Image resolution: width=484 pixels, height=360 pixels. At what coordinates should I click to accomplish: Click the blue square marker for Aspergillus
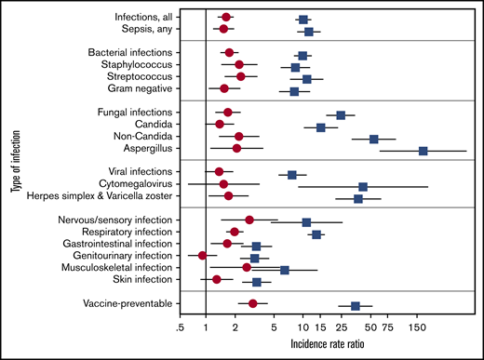[x=423, y=151]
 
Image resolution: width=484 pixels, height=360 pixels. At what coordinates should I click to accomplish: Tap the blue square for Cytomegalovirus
[x=363, y=187]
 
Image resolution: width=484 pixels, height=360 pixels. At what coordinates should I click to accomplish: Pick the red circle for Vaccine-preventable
[x=253, y=303]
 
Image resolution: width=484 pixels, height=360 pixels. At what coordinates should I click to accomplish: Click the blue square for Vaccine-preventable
[x=355, y=305]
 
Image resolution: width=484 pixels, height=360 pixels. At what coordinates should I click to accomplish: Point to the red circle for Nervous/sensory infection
[x=249, y=220]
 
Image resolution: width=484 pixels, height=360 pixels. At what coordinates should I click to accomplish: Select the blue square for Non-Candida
[x=374, y=139]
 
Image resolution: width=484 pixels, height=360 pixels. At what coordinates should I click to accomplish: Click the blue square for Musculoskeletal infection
[x=285, y=270]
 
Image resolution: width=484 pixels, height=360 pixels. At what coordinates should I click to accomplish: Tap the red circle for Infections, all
[x=226, y=18]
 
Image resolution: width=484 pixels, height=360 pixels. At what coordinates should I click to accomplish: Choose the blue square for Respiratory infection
[x=316, y=234]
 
